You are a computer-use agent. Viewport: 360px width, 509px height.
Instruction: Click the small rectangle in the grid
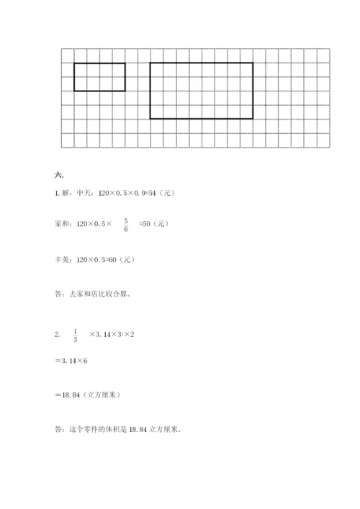[99, 77]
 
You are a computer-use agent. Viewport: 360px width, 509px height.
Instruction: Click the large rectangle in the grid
[202, 90]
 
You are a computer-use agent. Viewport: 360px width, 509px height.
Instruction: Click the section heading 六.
[58, 175]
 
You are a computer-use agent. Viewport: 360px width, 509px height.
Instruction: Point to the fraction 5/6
[125, 225]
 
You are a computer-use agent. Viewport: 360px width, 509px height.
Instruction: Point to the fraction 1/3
[76, 335]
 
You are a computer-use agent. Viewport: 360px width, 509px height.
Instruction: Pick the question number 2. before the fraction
[57, 335]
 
